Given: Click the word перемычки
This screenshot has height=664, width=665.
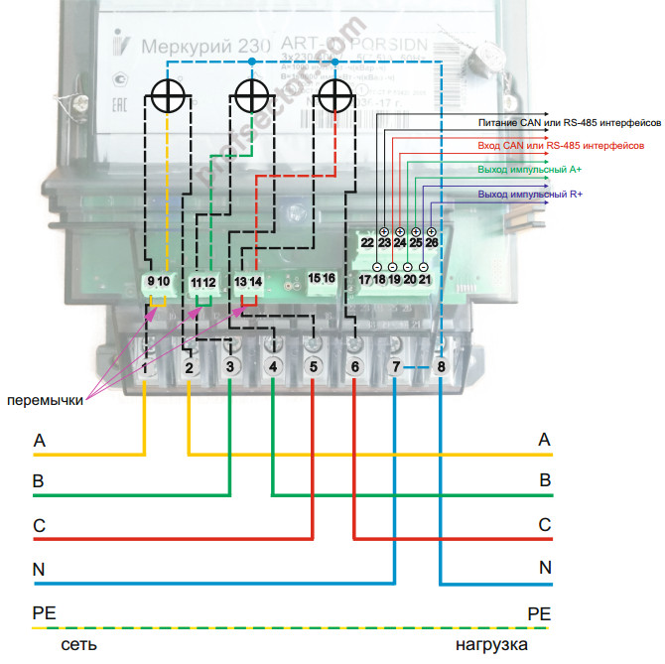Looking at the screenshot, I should pyautogui.click(x=46, y=401).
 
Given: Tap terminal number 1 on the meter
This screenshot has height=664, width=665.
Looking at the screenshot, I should pyautogui.click(x=145, y=368).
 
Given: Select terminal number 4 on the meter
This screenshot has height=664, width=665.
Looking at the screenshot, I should pyautogui.click(x=273, y=367).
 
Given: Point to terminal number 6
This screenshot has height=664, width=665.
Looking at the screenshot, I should pyautogui.click(x=355, y=367).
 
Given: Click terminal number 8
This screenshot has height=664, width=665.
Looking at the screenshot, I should pyautogui.click(x=442, y=367).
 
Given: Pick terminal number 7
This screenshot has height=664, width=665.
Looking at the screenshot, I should pyautogui.click(x=396, y=367).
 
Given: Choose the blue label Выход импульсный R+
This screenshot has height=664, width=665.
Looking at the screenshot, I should pyautogui.click(x=530, y=193).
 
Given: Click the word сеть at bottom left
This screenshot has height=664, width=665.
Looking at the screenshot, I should pyautogui.click(x=77, y=645).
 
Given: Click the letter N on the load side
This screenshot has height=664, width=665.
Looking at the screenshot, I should pyautogui.click(x=545, y=568).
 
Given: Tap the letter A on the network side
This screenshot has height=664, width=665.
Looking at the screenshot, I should pyautogui.click(x=40, y=440).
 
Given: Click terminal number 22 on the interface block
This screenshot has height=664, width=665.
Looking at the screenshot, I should pyautogui.click(x=366, y=242).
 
